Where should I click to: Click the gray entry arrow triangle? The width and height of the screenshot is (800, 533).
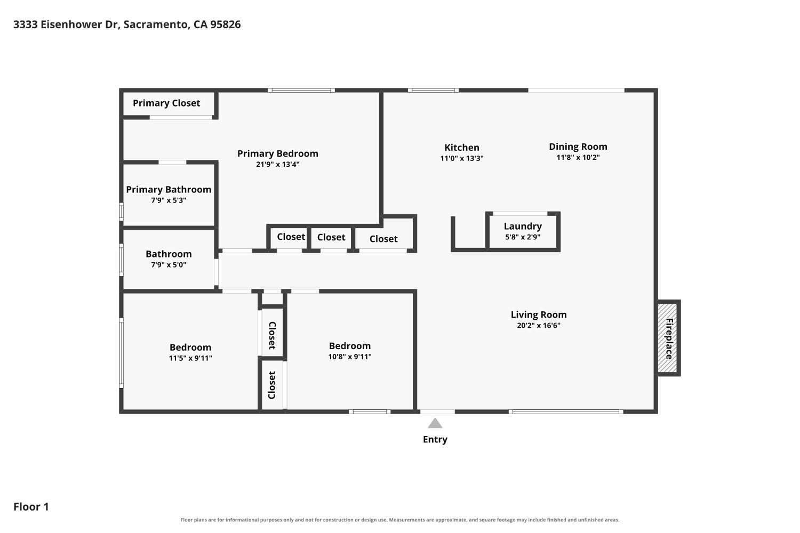pyautogui.click(x=435, y=423)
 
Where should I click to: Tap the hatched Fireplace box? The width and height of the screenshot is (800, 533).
pyautogui.click(x=668, y=338)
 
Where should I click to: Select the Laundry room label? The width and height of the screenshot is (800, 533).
pyautogui.click(x=523, y=227)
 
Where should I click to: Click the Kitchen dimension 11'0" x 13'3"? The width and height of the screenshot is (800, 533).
pyautogui.click(x=462, y=158)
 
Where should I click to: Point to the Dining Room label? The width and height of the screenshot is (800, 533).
pyautogui.click(x=578, y=147)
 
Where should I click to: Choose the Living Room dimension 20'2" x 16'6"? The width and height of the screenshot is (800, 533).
pyautogui.click(x=539, y=325)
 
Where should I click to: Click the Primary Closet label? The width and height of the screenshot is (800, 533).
pyautogui.click(x=166, y=103)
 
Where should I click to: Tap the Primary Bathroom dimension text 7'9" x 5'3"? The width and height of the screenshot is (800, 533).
pyautogui.click(x=169, y=200)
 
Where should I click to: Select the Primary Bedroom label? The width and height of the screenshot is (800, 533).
pyautogui.click(x=278, y=154)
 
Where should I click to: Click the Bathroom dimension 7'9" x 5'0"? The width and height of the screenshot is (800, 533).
pyautogui.click(x=169, y=265)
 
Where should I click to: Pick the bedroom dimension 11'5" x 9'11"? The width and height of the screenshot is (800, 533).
pyautogui.click(x=190, y=358)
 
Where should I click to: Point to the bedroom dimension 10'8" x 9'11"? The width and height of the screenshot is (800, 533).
pyautogui.click(x=350, y=357)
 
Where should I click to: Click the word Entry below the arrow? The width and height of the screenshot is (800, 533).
pyautogui.click(x=435, y=440)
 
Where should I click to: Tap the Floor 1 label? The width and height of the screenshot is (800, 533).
pyautogui.click(x=31, y=507)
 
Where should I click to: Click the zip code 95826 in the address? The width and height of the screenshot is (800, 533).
pyautogui.click(x=226, y=25)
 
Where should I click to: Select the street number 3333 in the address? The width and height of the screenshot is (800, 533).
pyautogui.click(x=26, y=25)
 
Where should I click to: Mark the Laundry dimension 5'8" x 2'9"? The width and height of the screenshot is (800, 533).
pyautogui.click(x=523, y=237)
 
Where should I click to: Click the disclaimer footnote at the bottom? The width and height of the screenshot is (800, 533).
pyautogui.click(x=399, y=520)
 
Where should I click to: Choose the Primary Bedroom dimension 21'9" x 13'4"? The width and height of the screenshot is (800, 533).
pyautogui.click(x=278, y=165)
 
